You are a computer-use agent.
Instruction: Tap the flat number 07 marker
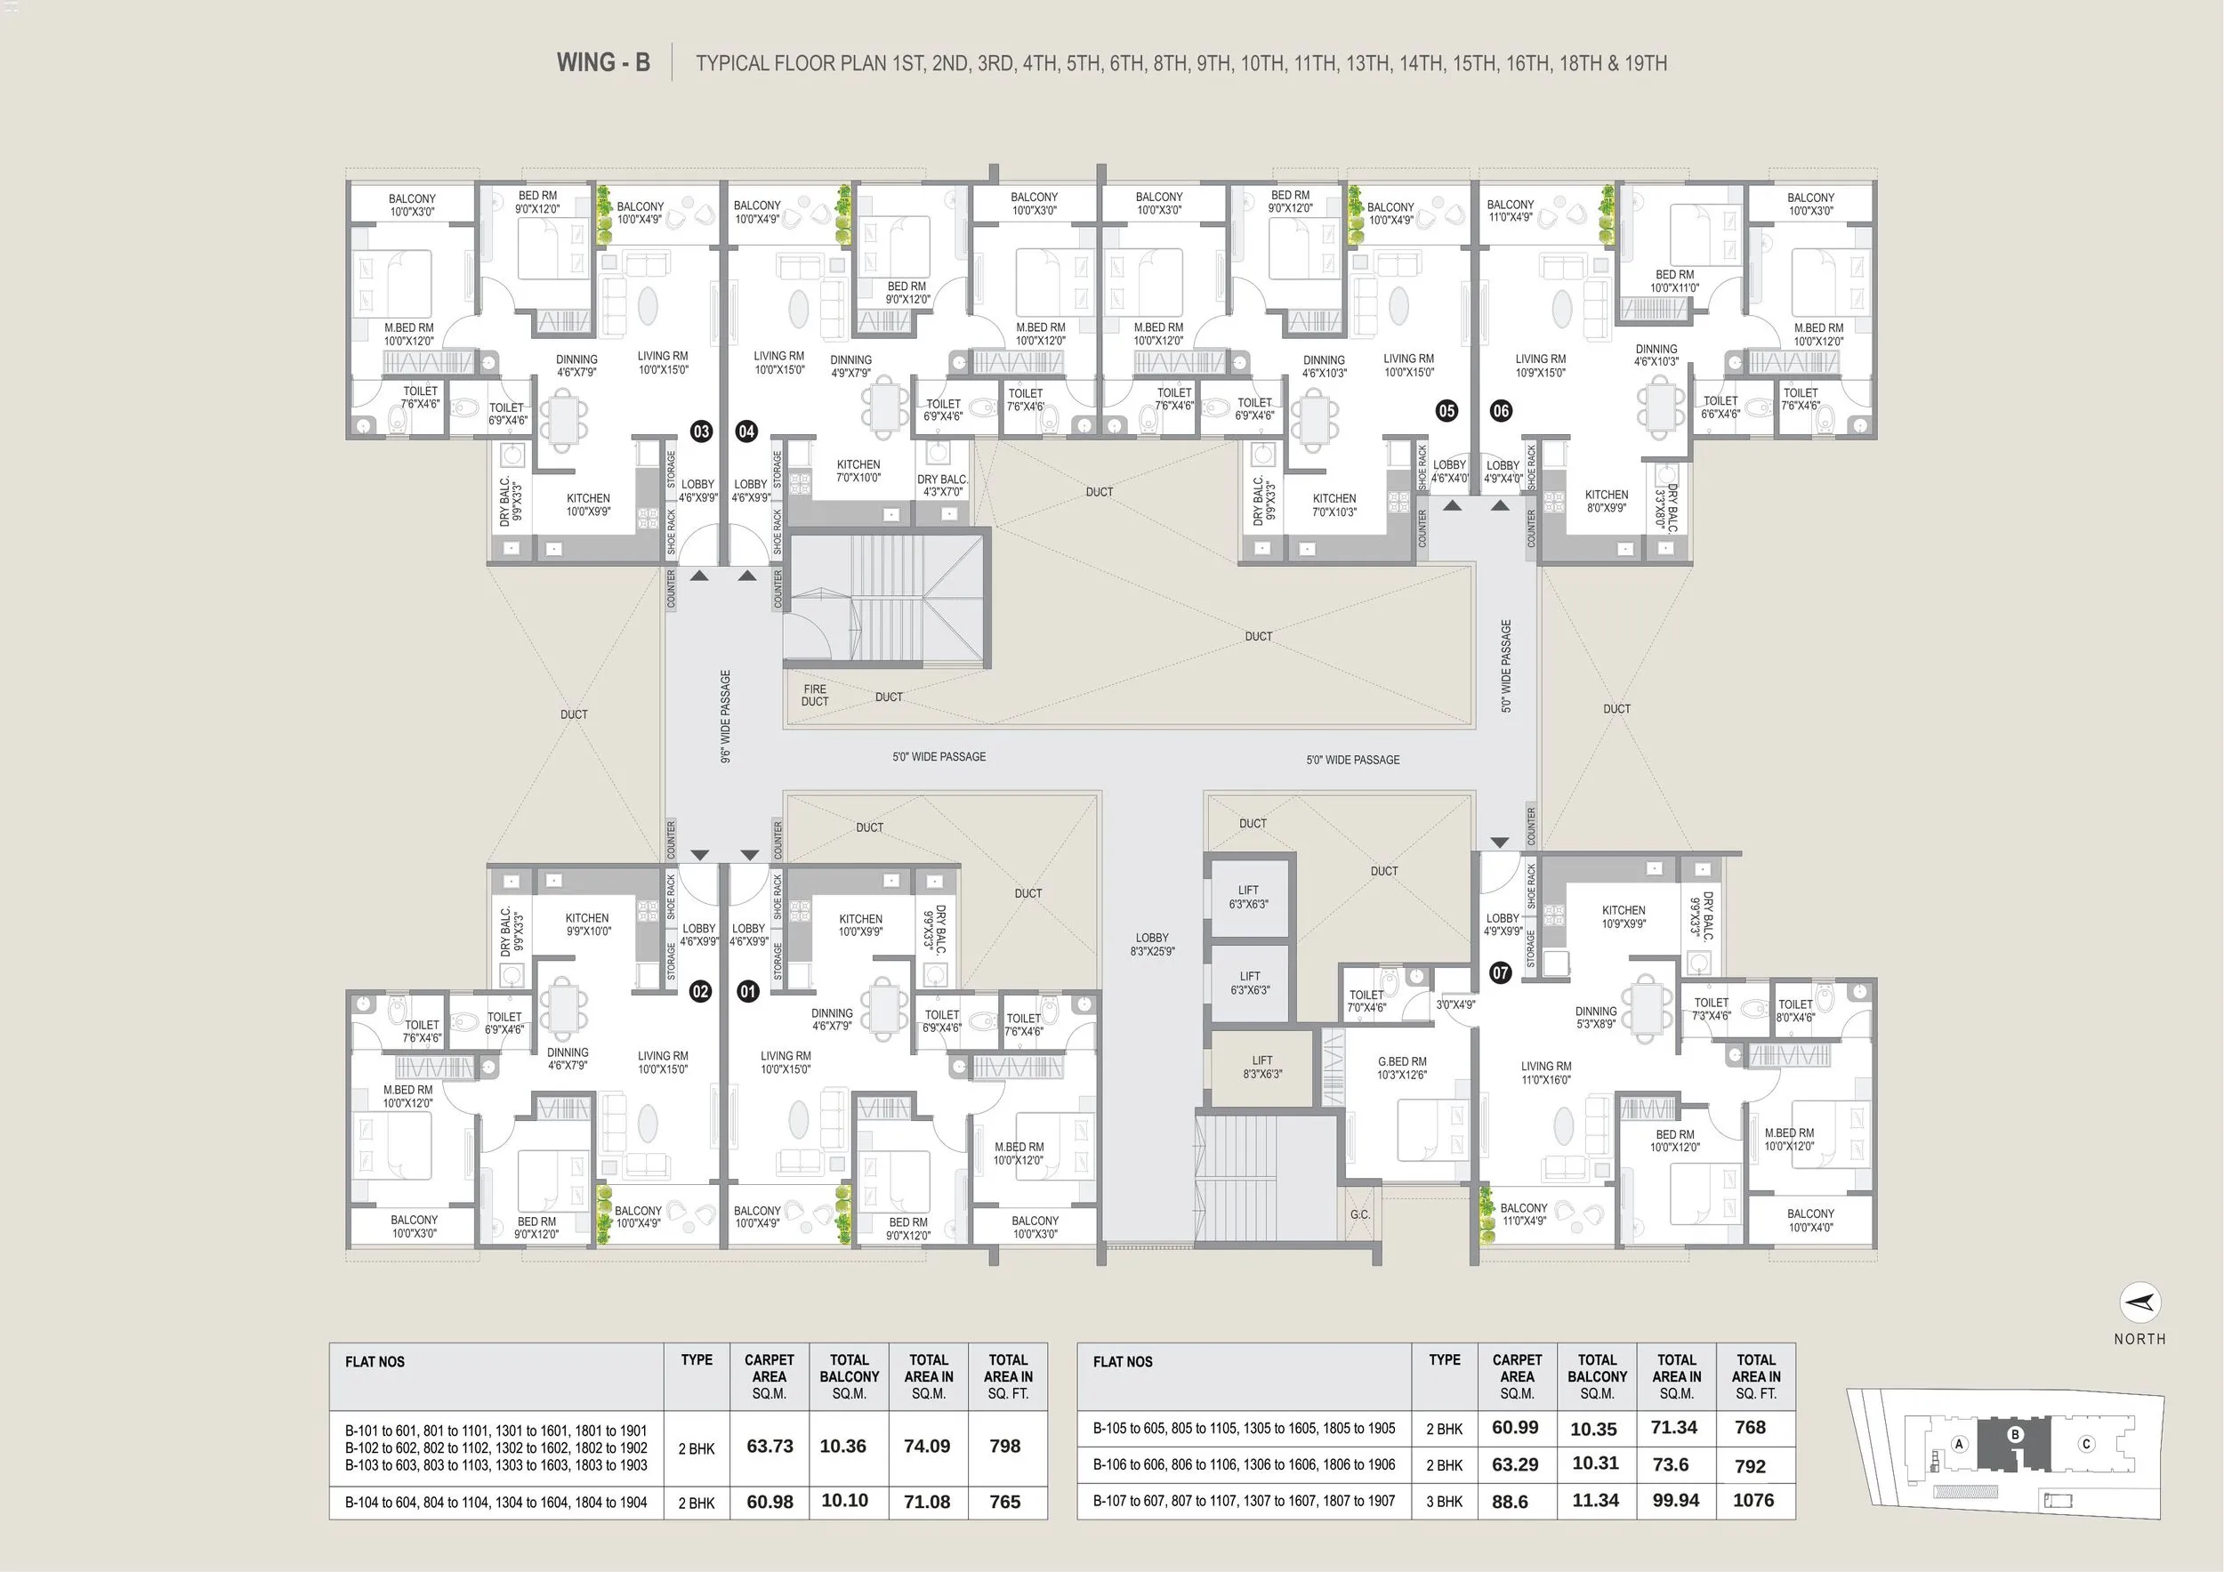pyautogui.click(x=1501, y=972)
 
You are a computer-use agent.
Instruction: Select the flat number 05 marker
pyautogui.click(x=1446, y=411)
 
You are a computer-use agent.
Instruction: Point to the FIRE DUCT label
pyautogui.click(x=815, y=696)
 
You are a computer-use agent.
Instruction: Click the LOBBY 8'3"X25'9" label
pyautogui.click(x=1152, y=945)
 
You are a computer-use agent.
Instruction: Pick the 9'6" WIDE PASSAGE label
pyautogui.click(x=726, y=717)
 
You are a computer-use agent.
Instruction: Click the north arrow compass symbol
pyautogui.click(x=2139, y=1302)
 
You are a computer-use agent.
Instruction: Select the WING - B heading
pyautogui.click(x=602, y=63)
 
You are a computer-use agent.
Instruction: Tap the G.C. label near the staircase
pyautogui.click(x=1359, y=1214)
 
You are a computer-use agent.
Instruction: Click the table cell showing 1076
pyautogui.click(x=1753, y=1500)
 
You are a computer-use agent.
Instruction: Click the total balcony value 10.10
pyautogui.click(x=844, y=1500)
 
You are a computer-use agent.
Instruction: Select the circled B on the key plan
pyautogui.click(x=2016, y=1434)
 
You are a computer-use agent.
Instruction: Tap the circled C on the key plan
pyautogui.click(x=2086, y=1444)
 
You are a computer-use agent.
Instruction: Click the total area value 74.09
pyautogui.click(x=926, y=1446)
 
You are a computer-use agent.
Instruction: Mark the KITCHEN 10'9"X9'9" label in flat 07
pyautogui.click(x=1624, y=916)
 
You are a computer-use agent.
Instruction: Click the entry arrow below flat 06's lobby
pyautogui.click(x=1500, y=504)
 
